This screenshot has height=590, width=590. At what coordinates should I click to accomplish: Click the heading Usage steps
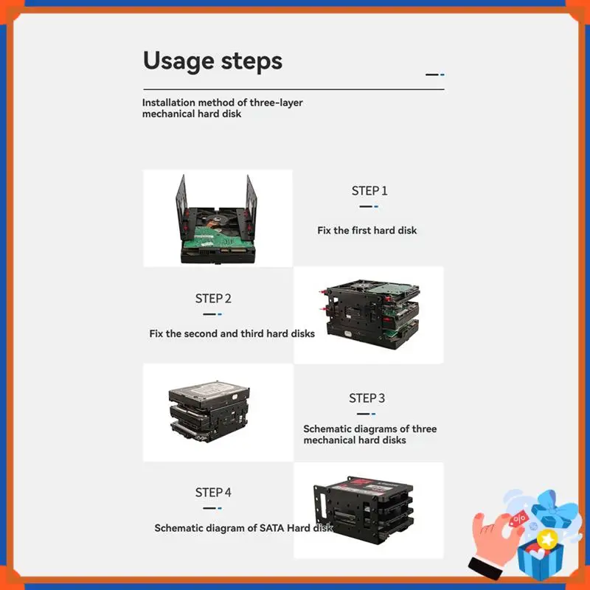coord(212,60)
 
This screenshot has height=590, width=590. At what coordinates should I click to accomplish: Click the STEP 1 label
coord(369,191)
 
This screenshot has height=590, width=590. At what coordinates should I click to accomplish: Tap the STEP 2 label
coord(213,299)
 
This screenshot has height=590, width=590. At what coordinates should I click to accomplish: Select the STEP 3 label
coord(367,398)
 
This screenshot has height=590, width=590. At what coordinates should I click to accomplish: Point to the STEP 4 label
coord(213,492)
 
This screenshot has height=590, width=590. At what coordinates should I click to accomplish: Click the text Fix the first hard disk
coord(367,231)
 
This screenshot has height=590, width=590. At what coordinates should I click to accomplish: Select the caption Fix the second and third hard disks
coord(232,333)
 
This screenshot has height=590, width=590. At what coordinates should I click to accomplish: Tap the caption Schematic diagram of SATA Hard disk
coord(243,528)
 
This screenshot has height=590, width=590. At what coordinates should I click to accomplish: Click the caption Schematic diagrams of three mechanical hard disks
coord(369,434)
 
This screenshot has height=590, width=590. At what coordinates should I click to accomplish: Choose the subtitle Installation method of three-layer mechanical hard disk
coord(222,108)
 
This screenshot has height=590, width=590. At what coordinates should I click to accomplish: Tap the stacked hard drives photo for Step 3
coord(209,412)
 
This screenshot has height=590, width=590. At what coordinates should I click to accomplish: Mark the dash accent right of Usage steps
coord(434,74)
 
